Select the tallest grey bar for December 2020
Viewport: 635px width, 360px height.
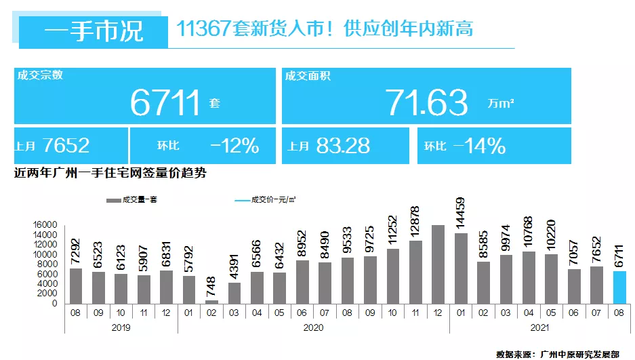[438, 264]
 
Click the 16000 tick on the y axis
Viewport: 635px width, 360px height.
[46, 224]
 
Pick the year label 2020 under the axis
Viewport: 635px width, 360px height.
[312, 327]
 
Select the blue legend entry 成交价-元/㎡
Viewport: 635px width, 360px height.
[264, 200]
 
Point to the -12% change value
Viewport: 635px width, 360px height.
[234, 145]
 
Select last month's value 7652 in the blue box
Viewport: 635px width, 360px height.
[65, 145]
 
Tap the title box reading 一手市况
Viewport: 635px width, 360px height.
[94, 31]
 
